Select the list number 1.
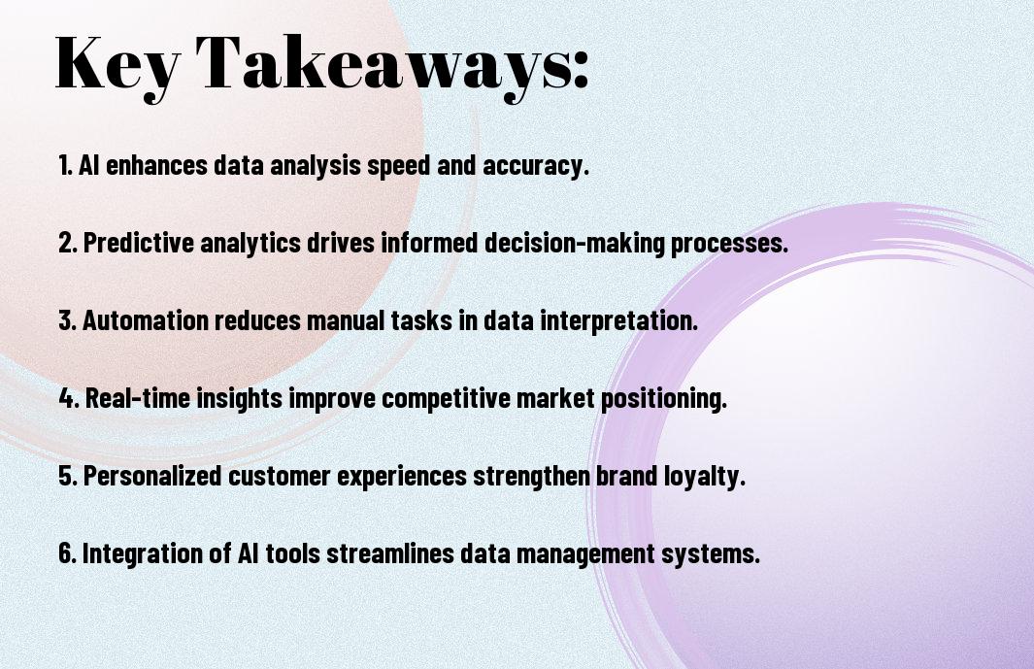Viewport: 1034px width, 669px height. (65, 165)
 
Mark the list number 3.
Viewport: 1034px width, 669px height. (67, 320)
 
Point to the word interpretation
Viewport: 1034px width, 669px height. (618, 321)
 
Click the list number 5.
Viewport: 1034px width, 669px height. (67, 476)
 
